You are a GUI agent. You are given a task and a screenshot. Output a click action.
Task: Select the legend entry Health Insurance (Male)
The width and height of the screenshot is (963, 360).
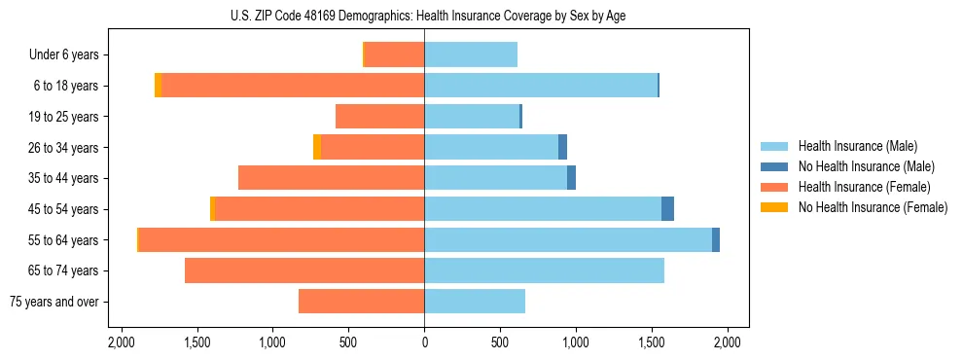coord(851,146)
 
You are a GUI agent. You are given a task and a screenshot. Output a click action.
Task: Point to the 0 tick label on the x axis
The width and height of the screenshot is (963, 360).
coord(424,342)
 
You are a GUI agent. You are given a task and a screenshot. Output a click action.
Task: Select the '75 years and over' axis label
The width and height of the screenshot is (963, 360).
coord(55,302)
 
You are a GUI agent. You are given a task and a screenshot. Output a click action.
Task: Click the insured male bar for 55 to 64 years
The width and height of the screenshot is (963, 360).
coord(568,239)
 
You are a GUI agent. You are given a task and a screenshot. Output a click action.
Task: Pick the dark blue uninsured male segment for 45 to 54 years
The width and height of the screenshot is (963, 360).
coord(667,209)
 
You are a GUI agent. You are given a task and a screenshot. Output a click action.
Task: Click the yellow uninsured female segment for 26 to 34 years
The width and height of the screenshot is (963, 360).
coord(317,147)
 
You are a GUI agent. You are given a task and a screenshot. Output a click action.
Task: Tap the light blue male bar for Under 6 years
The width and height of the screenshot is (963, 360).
coord(471,55)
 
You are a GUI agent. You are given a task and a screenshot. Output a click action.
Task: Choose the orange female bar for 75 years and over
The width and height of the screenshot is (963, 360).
coord(361,302)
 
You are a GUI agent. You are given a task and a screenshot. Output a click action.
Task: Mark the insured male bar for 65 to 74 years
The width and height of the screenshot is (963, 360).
coord(544,270)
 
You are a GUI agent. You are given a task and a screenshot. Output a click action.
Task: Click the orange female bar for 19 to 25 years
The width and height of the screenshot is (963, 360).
coord(379,117)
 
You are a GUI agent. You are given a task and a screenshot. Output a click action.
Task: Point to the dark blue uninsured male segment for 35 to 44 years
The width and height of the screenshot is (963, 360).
coord(571,178)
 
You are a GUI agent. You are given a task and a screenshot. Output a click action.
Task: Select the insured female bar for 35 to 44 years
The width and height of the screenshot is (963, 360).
coord(331,178)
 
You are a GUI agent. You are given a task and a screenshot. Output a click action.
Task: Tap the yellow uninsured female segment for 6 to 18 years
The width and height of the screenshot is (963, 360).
coord(158,86)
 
